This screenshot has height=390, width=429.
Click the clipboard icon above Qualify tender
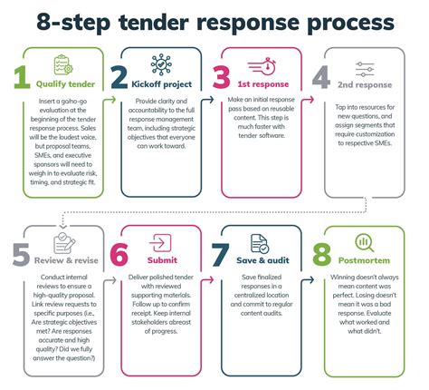64,64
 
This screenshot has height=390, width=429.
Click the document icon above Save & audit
260,242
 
